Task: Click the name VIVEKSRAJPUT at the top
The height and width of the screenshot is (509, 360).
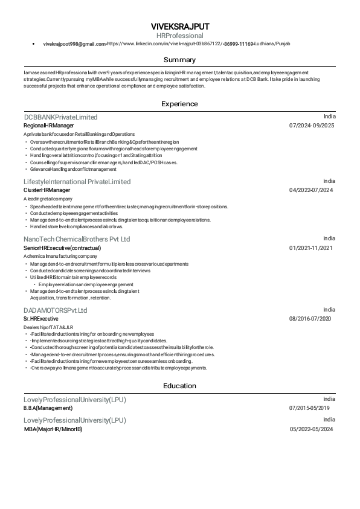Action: coord(180,27)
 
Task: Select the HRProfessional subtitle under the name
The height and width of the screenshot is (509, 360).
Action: coord(180,36)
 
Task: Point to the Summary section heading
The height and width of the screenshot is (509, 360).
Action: coord(180,60)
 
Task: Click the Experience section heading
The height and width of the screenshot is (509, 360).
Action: coord(180,104)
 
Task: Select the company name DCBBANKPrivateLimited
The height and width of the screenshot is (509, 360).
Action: coord(60,117)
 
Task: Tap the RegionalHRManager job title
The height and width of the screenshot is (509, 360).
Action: coord(48,125)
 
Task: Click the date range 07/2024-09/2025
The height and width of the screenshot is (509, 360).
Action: coord(312,126)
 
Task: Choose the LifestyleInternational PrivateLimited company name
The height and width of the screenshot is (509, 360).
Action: coord(77,181)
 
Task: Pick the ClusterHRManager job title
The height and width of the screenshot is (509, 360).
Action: coord(47,190)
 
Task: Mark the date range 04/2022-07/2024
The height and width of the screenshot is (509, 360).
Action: coord(311,190)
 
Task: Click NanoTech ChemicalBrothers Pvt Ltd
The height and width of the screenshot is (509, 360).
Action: coord(77,239)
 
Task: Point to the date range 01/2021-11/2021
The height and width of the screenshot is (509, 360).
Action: coord(311,248)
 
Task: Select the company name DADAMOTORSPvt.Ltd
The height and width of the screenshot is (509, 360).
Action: coord(56,310)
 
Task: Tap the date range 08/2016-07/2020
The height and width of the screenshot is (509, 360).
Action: coord(311,318)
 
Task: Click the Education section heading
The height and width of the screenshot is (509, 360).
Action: coord(180,386)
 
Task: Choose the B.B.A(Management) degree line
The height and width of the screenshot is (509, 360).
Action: coord(48,408)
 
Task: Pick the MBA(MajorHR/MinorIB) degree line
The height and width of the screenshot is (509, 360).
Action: coord(53,429)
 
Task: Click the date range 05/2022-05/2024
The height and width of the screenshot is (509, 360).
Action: coord(311,429)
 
